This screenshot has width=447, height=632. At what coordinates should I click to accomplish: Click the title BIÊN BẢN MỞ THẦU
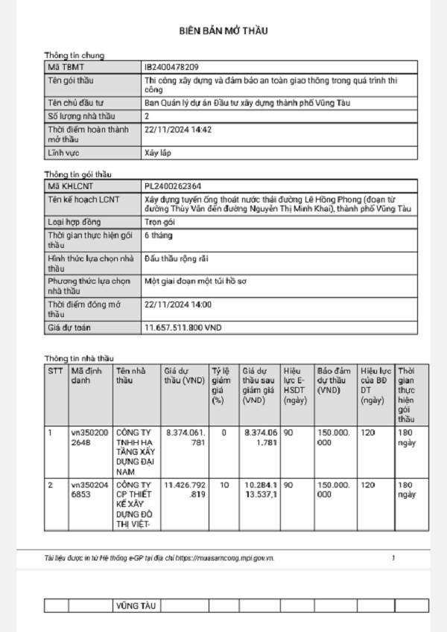223,31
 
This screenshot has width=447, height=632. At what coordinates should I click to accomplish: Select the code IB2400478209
172,67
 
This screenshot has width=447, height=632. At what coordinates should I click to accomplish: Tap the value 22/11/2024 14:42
178,129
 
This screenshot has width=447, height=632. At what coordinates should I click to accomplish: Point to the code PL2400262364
173,185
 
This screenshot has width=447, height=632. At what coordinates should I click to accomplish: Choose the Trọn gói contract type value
158,222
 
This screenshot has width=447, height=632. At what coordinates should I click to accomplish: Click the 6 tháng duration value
158,235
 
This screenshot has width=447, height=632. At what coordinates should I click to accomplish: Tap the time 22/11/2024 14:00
178,304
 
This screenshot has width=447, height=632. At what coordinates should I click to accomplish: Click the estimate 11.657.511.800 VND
183,328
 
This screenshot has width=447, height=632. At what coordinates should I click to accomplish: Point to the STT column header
55,370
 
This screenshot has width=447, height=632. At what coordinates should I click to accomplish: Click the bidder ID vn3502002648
90,437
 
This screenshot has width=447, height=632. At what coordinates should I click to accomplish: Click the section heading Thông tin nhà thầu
78,358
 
